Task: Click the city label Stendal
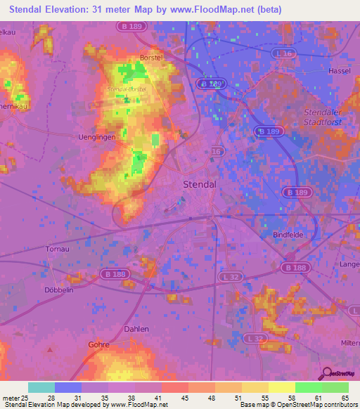point(198,184)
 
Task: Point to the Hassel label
point(340,71)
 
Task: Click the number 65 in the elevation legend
point(345,397)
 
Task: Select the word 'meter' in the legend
point(11,397)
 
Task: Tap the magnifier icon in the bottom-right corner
point(326,373)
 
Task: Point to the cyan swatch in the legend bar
point(41,387)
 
